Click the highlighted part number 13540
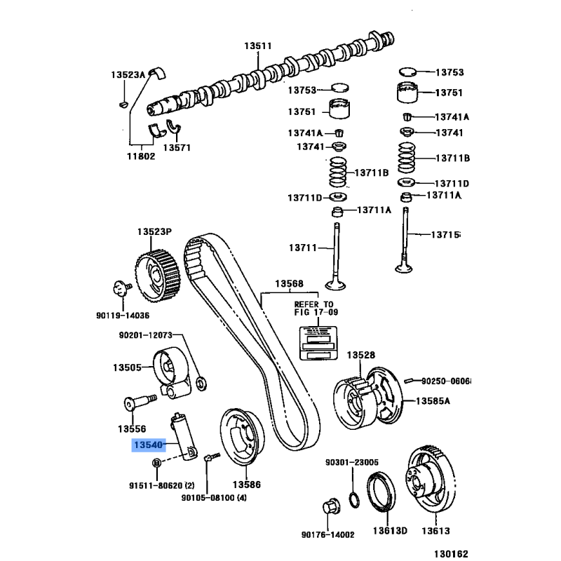[148, 445]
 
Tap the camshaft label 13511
[257, 46]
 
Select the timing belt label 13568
[288, 284]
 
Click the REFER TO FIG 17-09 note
[313, 309]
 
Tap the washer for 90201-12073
[201, 382]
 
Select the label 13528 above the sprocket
[363, 356]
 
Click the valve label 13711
[302, 248]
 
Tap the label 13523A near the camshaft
[128, 74]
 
